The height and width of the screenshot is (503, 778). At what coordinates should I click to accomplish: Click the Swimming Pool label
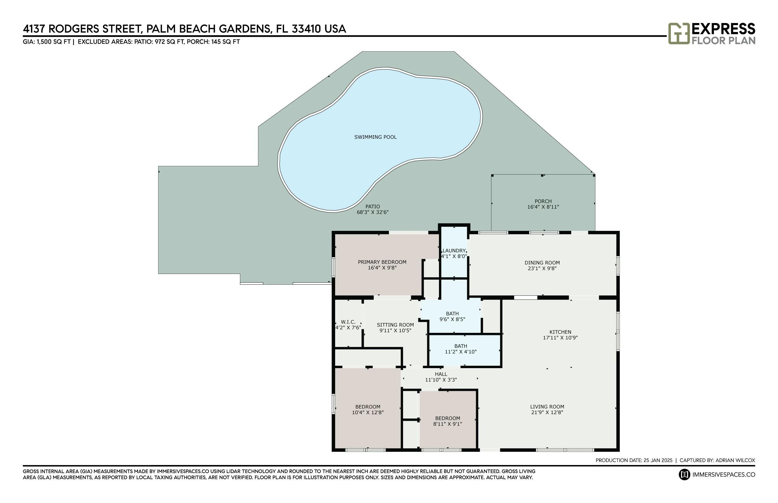[x=375, y=137]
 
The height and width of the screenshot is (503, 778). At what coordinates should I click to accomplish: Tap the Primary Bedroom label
[x=382, y=262]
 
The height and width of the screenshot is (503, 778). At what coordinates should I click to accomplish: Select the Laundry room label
[x=454, y=251]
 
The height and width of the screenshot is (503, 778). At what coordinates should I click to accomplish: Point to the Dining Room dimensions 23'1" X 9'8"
[x=542, y=269]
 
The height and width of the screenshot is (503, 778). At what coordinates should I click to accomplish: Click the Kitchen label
[x=560, y=332]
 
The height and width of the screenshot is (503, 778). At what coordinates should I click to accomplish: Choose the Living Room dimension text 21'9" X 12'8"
[x=547, y=412]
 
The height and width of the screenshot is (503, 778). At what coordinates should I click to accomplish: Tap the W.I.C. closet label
[x=348, y=322]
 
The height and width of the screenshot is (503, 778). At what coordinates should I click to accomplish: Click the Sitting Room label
[x=395, y=325]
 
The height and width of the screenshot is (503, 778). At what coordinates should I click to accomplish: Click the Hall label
[x=441, y=374]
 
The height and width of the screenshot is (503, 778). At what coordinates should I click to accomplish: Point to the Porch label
[x=543, y=201]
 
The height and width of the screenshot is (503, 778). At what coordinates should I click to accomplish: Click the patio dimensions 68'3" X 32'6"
[x=373, y=212]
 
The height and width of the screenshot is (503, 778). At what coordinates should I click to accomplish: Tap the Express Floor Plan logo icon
[x=679, y=33]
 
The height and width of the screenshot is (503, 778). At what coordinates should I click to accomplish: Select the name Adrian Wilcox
[x=735, y=460]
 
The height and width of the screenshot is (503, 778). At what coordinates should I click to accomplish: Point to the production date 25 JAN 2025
[x=658, y=460]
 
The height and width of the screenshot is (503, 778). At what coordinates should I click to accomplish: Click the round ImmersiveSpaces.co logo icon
[x=684, y=474]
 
